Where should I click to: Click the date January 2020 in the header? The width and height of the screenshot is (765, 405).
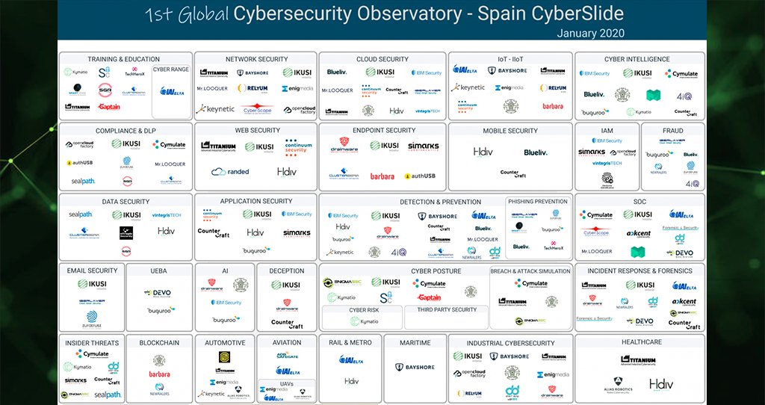590,33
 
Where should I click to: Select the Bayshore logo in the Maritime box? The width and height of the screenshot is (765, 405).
415,367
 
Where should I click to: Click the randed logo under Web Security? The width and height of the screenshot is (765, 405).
230,171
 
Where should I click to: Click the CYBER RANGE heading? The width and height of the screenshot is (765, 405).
170,69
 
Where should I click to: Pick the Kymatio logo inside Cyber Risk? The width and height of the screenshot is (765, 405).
364,321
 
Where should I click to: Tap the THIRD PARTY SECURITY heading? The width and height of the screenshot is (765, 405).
447,309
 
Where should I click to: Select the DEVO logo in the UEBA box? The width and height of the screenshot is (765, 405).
159,292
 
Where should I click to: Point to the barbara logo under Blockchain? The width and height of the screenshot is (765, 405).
159,374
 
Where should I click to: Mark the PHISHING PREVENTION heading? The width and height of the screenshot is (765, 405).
537,201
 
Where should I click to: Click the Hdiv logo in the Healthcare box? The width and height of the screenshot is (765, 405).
660,384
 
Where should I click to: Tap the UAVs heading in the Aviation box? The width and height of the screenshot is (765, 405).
287,383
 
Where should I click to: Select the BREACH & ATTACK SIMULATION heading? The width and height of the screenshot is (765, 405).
530,271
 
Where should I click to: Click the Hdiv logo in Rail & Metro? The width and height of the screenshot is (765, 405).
351,380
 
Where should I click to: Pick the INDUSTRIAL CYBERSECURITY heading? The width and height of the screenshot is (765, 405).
510,343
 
